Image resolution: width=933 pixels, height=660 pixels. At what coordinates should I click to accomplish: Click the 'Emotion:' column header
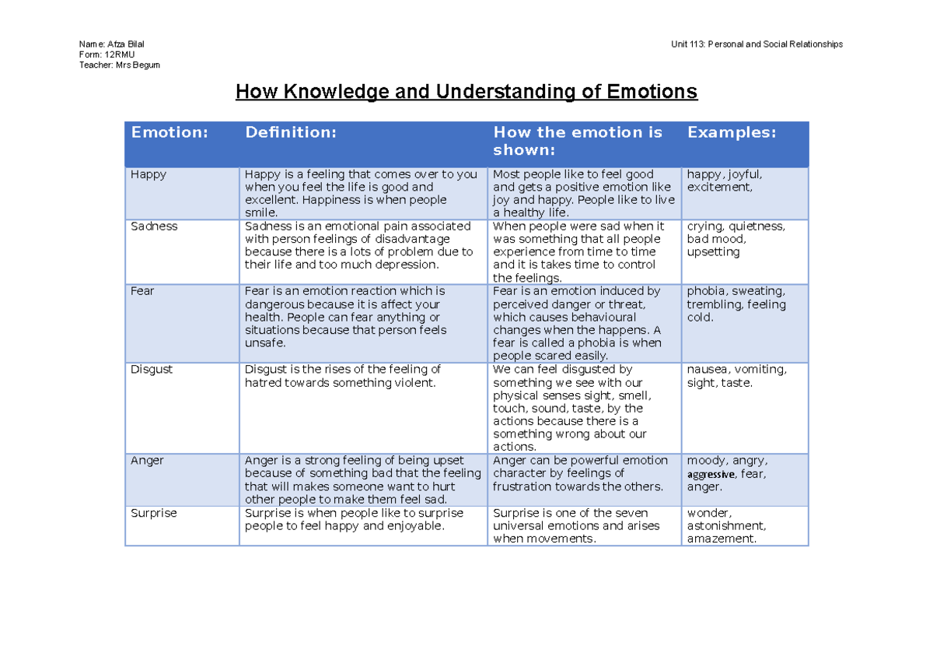click(169, 132)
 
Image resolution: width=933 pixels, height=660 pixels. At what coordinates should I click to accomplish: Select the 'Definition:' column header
click(291, 132)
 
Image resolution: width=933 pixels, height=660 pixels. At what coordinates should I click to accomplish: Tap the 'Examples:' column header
click(731, 132)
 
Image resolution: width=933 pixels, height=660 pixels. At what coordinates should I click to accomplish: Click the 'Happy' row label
click(148, 174)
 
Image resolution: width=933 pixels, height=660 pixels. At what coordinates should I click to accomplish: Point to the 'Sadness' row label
click(154, 226)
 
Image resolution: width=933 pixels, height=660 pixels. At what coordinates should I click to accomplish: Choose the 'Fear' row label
click(142, 291)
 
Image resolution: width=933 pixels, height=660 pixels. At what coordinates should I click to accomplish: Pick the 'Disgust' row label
click(152, 370)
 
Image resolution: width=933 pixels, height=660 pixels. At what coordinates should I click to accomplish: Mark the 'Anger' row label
click(147, 461)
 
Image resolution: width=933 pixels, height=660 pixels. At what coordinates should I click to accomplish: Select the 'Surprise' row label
click(154, 513)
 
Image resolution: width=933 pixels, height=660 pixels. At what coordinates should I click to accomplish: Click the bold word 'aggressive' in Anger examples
click(711, 474)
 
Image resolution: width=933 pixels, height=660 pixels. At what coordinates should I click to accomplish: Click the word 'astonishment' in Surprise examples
click(725, 526)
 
